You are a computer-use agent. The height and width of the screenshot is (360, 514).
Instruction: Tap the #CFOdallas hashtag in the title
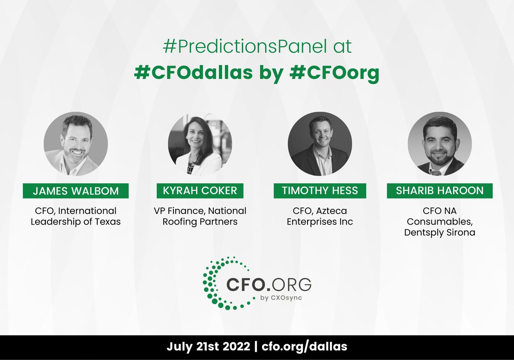click(192, 73)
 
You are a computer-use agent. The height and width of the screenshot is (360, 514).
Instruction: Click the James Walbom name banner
click(75, 191)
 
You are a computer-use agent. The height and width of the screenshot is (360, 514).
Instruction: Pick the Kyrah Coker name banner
click(200, 191)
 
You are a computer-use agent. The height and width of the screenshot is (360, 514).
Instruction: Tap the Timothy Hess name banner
click(320, 191)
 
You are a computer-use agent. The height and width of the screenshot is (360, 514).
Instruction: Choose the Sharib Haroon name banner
click(439, 191)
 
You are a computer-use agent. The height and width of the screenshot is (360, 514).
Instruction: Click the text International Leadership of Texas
click(75, 216)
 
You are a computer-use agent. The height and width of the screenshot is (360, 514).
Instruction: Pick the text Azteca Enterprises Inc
click(320, 216)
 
